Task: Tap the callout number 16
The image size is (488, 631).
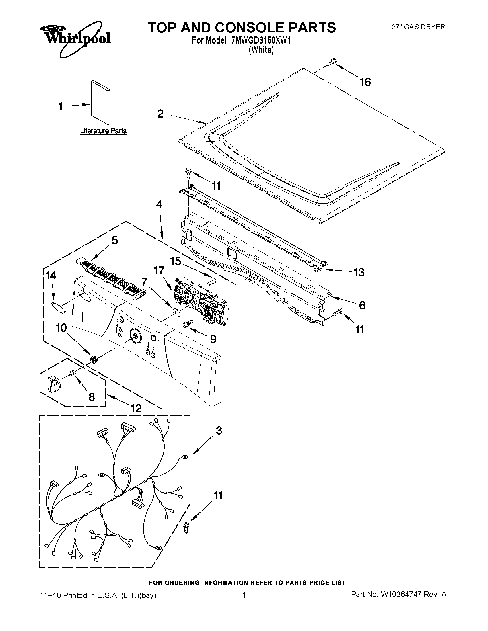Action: (365, 82)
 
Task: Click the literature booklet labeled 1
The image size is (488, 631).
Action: (100, 102)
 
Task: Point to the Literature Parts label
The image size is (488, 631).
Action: (103, 131)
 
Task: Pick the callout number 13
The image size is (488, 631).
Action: (359, 272)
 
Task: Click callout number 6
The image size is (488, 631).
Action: (362, 305)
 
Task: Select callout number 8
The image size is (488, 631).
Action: (91, 397)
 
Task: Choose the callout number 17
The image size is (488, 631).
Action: (159, 271)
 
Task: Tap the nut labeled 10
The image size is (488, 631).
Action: (93, 359)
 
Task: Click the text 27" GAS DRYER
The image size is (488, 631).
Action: (418, 27)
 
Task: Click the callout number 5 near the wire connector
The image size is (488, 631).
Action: (114, 240)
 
